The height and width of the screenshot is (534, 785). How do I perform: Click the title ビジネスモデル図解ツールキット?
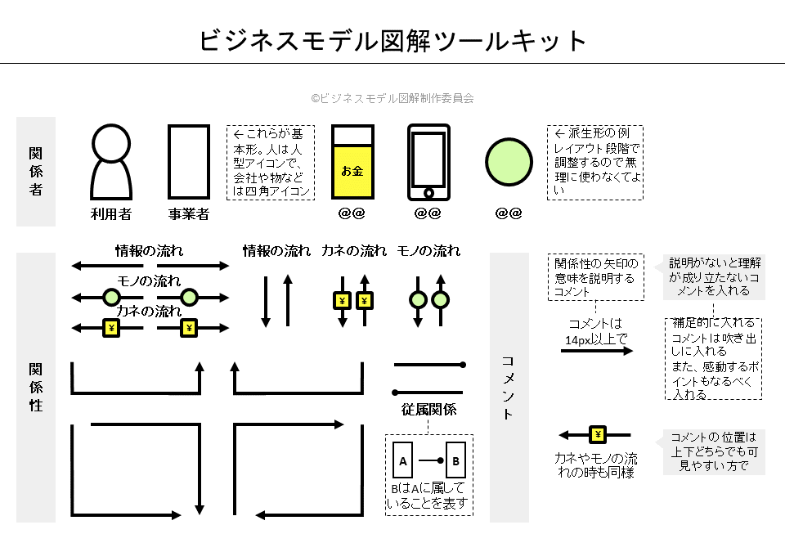(393, 40)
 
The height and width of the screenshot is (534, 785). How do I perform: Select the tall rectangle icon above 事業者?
(189, 162)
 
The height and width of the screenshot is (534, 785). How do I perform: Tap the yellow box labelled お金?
(352, 172)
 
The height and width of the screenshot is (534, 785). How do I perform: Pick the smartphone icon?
(428, 162)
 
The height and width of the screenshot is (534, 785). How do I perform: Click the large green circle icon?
(509, 163)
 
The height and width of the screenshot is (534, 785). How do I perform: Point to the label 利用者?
(111, 214)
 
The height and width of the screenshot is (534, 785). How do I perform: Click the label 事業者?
(189, 214)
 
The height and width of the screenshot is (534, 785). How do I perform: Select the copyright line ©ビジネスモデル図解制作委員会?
(392, 97)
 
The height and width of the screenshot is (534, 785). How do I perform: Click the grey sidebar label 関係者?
(36, 172)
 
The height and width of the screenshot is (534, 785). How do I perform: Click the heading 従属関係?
(428, 410)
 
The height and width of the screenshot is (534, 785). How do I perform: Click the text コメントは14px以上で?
(597, 330)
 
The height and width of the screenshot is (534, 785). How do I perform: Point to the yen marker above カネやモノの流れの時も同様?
(598, 435)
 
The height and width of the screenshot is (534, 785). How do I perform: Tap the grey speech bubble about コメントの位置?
(714, 451)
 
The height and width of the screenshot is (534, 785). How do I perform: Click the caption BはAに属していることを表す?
(428, 496)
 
